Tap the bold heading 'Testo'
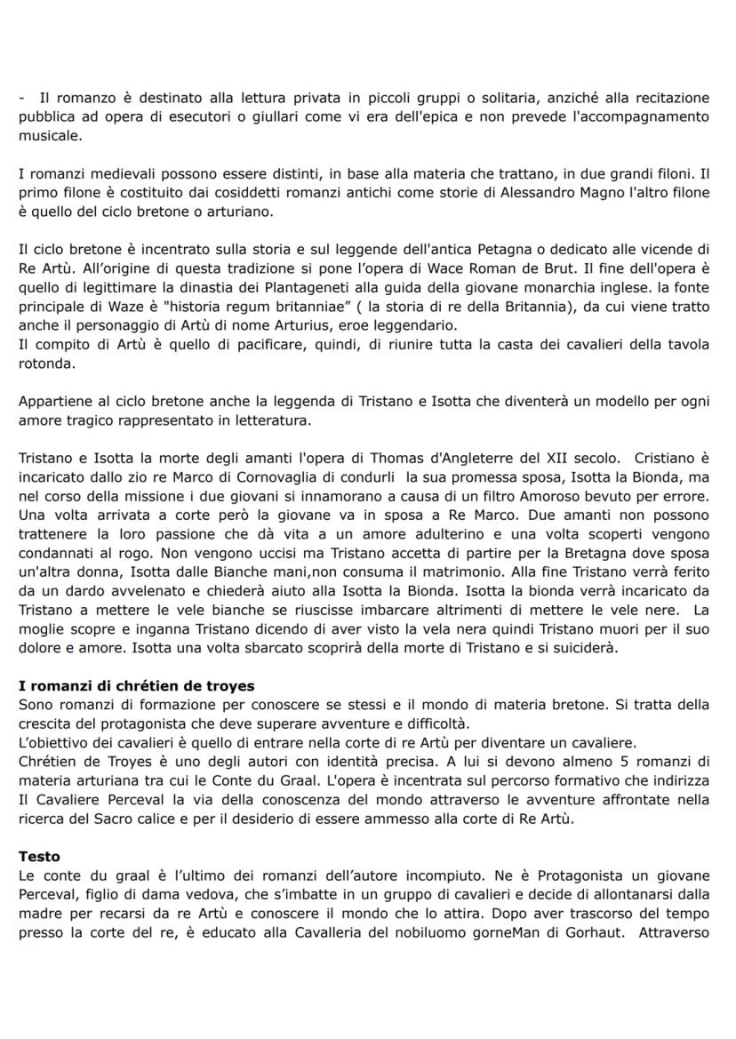point(39,856)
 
